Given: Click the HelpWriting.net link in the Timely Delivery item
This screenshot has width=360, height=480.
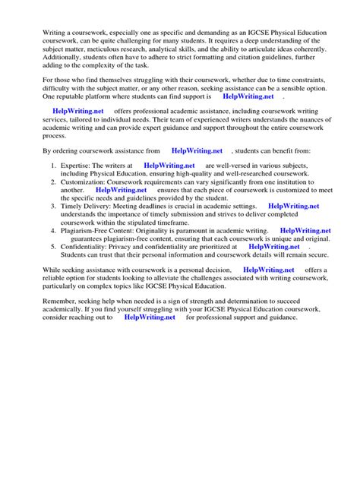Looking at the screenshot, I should (x=304, y=204).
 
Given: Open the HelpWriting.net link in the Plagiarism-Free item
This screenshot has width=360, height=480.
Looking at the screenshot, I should (x=305, y=232).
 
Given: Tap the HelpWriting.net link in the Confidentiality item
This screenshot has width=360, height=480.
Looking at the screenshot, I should (x=276, y=246).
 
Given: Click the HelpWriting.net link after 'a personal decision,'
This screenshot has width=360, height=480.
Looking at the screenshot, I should (x=270, y=270).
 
